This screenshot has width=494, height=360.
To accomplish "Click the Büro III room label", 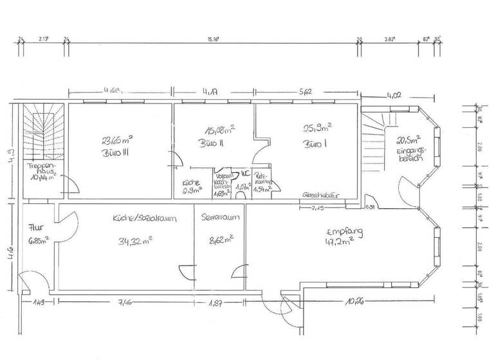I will click(116, 154).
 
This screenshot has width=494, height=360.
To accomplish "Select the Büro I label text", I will click(316, 145).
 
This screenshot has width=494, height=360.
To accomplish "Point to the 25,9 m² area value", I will click(316, 127).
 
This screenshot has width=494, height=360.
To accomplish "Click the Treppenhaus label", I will click(39, 169).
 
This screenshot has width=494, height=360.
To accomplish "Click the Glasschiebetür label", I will click(322, 195).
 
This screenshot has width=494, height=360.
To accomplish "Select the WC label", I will click(244, 173).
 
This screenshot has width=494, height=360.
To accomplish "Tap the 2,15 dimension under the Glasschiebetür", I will click(318, 208).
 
